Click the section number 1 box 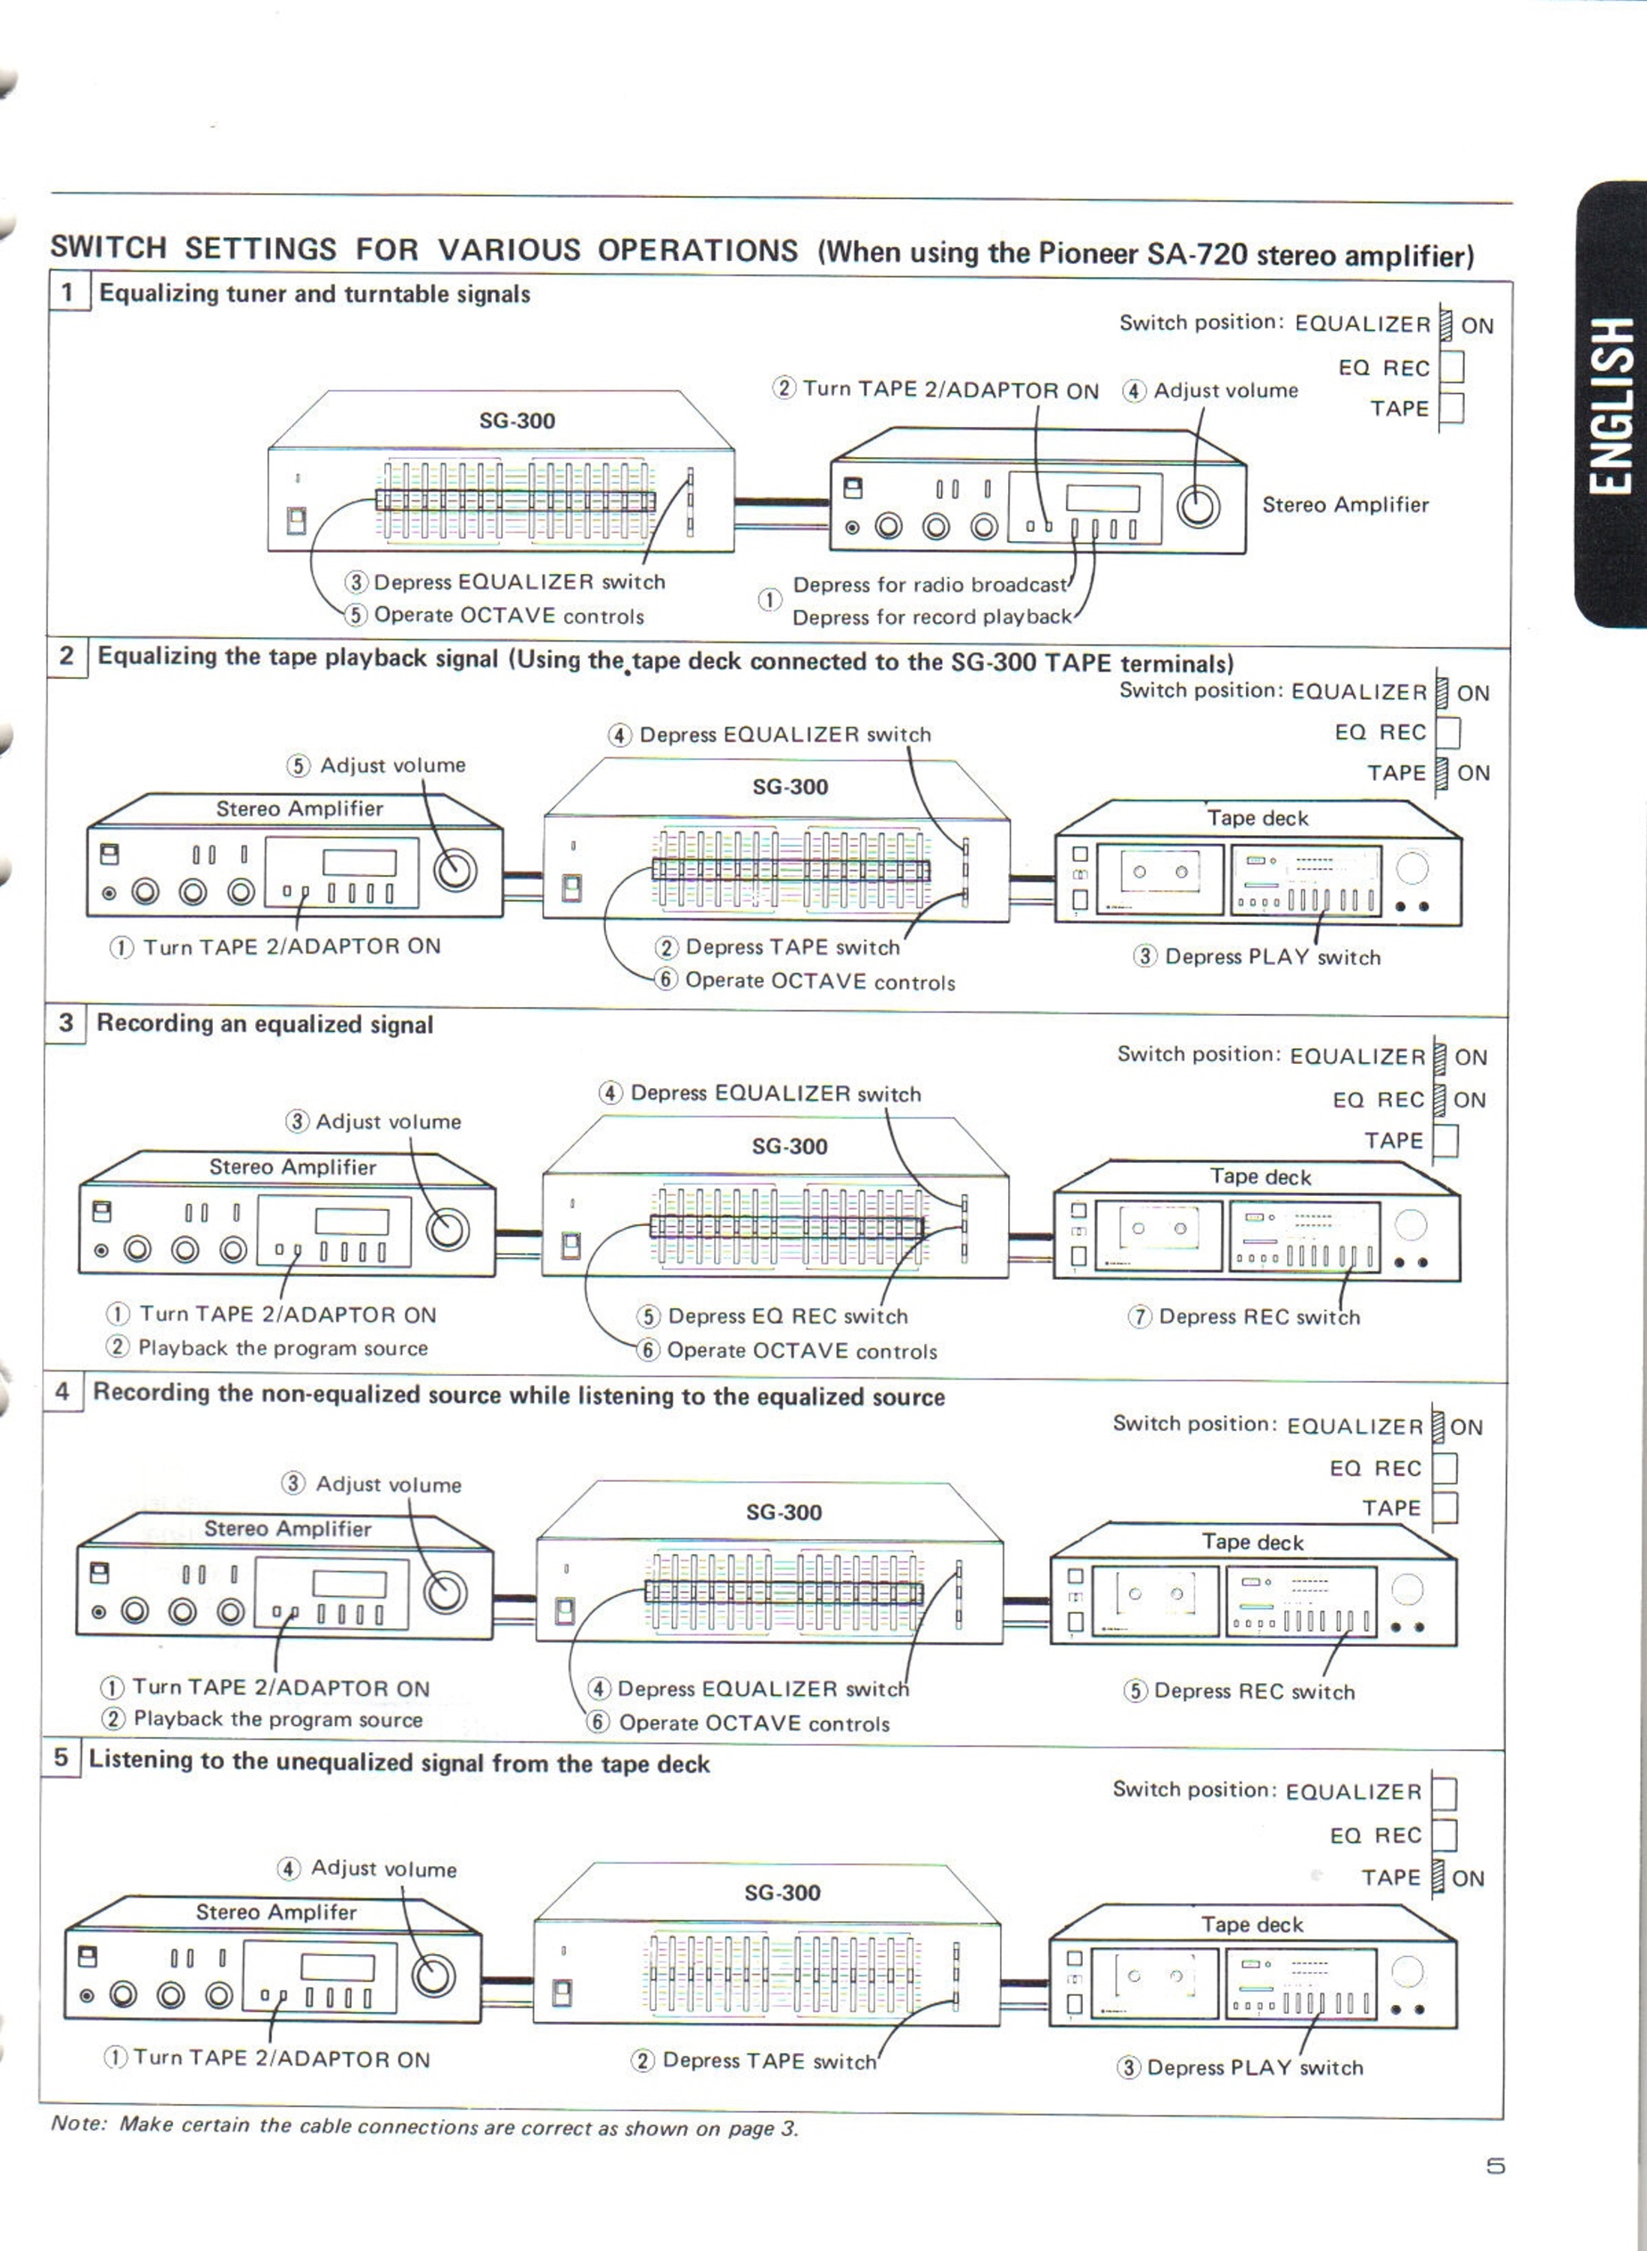[x=67, y=291]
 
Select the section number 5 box [x=61, y=1757]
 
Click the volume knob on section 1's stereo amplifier [x=1197, y=506]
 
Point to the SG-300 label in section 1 [x=517, y=421]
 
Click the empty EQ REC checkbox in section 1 [x=1451, y=367]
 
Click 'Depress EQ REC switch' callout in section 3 [x=787, y=1317]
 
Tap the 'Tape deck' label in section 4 [x=1252, y=1542]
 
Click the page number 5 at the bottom [x=1495, y=2166]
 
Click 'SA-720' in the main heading [x=1196, y=254]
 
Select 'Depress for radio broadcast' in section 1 [x=929, y=585]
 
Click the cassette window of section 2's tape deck [x=1159, y=872]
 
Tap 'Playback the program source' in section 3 [x=283, y=1348]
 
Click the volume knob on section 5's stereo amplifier [x=433, y=1976]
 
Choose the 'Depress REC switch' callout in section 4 [x=1254, y=1691]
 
